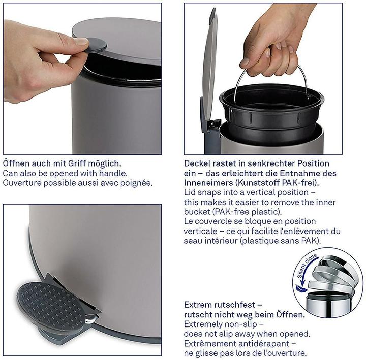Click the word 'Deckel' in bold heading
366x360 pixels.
pyautogui.click(x=198, y=164)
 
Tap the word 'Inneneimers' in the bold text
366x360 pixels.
pyautogui.click(x=208, y=183)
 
